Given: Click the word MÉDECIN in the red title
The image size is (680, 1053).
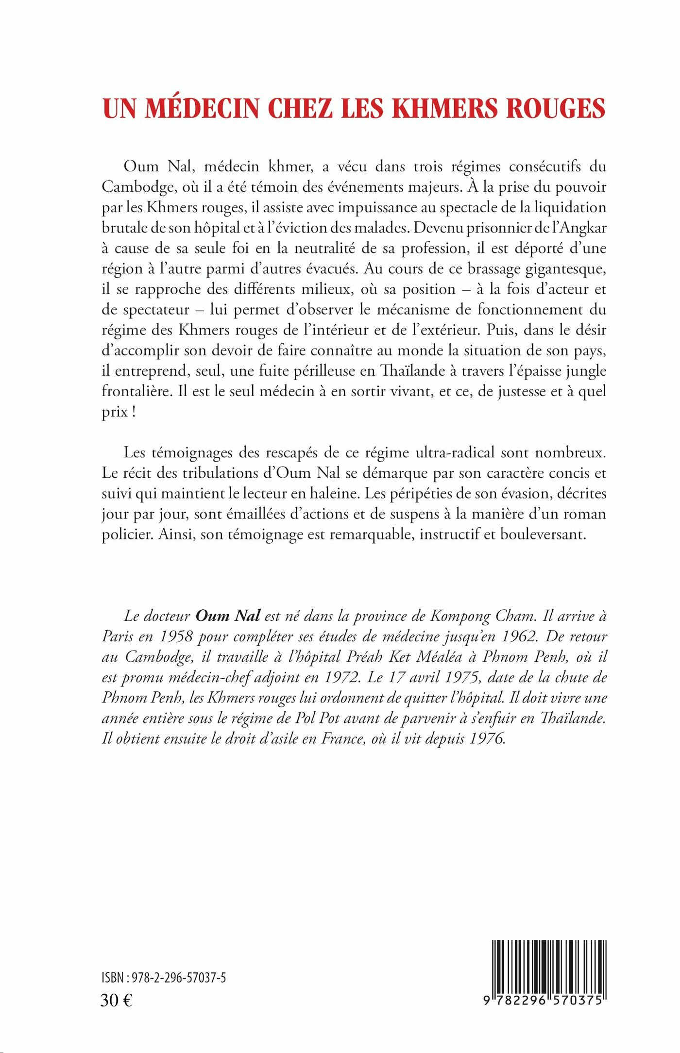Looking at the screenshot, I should (x=202, y=108).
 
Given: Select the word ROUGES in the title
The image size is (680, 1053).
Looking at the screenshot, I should (x=556, y=108).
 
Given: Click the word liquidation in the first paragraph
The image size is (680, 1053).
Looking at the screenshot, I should (x=570, y=207).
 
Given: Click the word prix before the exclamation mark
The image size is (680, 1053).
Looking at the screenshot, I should (x=115, y=412).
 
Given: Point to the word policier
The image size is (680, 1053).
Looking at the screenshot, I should (x=128, y=535).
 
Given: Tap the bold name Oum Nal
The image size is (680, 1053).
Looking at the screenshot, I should (x=228, y=616).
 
